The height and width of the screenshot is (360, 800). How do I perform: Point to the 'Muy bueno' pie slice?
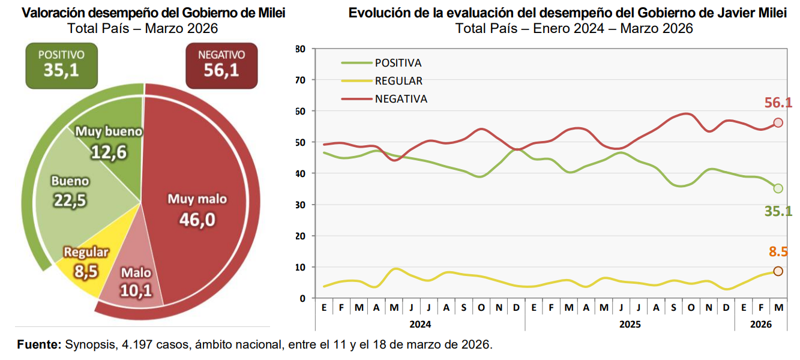(x=111, y=144)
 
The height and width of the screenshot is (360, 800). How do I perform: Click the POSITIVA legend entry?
(x=398, y=63)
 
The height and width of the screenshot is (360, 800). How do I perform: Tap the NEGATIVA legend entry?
(x=401, y=99)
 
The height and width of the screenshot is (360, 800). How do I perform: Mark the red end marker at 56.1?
(x=778, y=122)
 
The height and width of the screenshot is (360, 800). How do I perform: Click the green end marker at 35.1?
(x=778, y=188)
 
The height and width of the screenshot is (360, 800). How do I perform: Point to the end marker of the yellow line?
(x=778, y=271)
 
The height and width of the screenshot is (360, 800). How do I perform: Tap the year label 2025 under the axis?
(x=630, y=324)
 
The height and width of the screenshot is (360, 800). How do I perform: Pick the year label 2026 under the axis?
(x=761, y=324)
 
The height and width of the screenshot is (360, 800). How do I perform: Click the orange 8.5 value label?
(x=778, y=252)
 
